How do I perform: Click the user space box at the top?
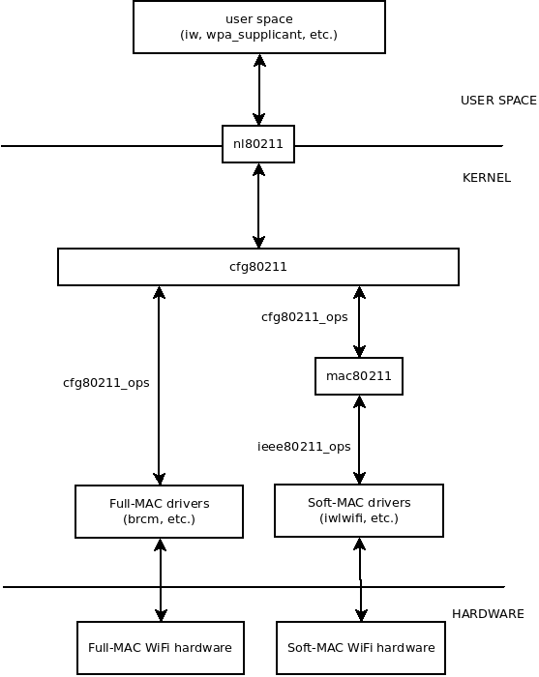258,27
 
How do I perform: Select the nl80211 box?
258,144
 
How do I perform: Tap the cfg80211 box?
258,267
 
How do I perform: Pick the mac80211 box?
359,376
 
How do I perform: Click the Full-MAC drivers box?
160,512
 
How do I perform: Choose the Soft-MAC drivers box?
359,511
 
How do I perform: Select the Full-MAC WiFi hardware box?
160,648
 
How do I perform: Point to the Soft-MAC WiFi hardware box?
362,648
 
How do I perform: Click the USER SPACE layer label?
498,101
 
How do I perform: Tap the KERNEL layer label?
486,178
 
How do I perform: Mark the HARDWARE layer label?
488,614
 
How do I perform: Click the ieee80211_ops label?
304,446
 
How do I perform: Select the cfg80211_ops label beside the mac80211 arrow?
304,317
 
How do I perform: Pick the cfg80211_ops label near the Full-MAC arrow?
105,382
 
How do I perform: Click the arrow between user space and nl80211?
258,89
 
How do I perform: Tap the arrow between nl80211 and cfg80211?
258,205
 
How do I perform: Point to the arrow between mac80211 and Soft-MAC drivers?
359,439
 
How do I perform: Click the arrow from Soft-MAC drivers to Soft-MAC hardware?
361,579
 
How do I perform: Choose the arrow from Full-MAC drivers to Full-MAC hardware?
161,579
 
